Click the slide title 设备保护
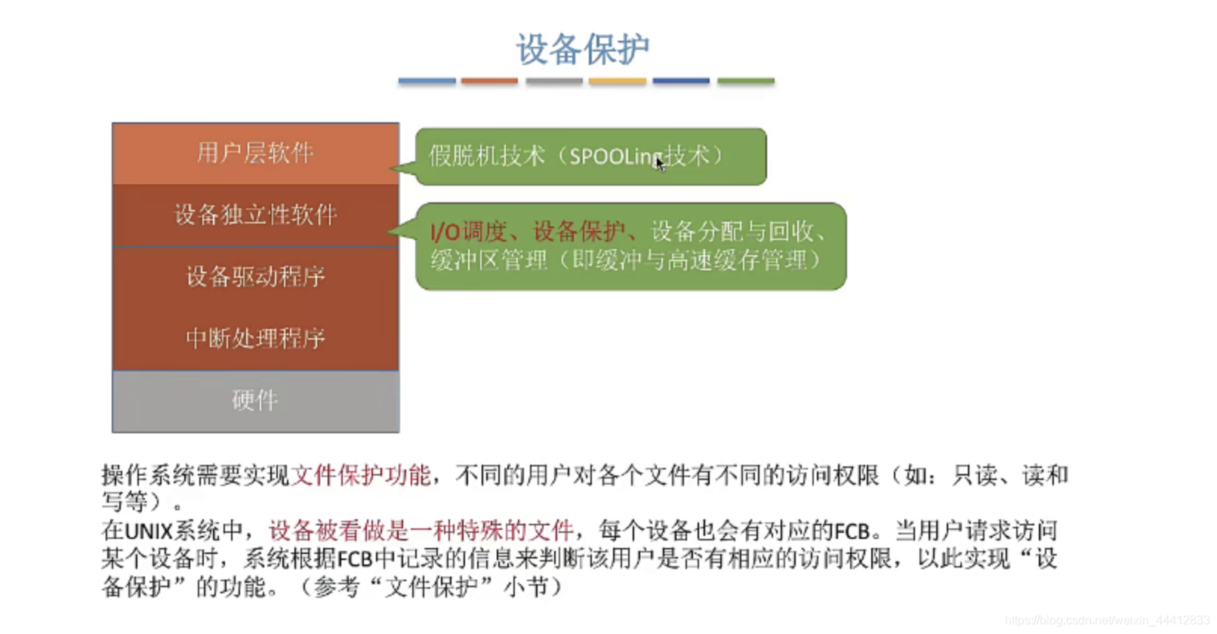point(582,50)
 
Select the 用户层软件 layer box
point(255,153)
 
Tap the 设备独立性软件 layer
point(255,215)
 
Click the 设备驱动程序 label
point(255,277)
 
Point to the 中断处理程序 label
point(255,338)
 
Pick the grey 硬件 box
point(255,400)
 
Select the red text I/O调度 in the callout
point(468,231)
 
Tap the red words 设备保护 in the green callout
point(579,231)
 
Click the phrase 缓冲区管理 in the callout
point(488,261)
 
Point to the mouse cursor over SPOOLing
point(660,163)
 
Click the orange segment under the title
point(489,81)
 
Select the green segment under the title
point(745,81)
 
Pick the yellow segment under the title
point(618,81)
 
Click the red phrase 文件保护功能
point(361,475)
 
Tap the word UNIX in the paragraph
point(149,531)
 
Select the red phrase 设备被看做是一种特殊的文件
point(421,531)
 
